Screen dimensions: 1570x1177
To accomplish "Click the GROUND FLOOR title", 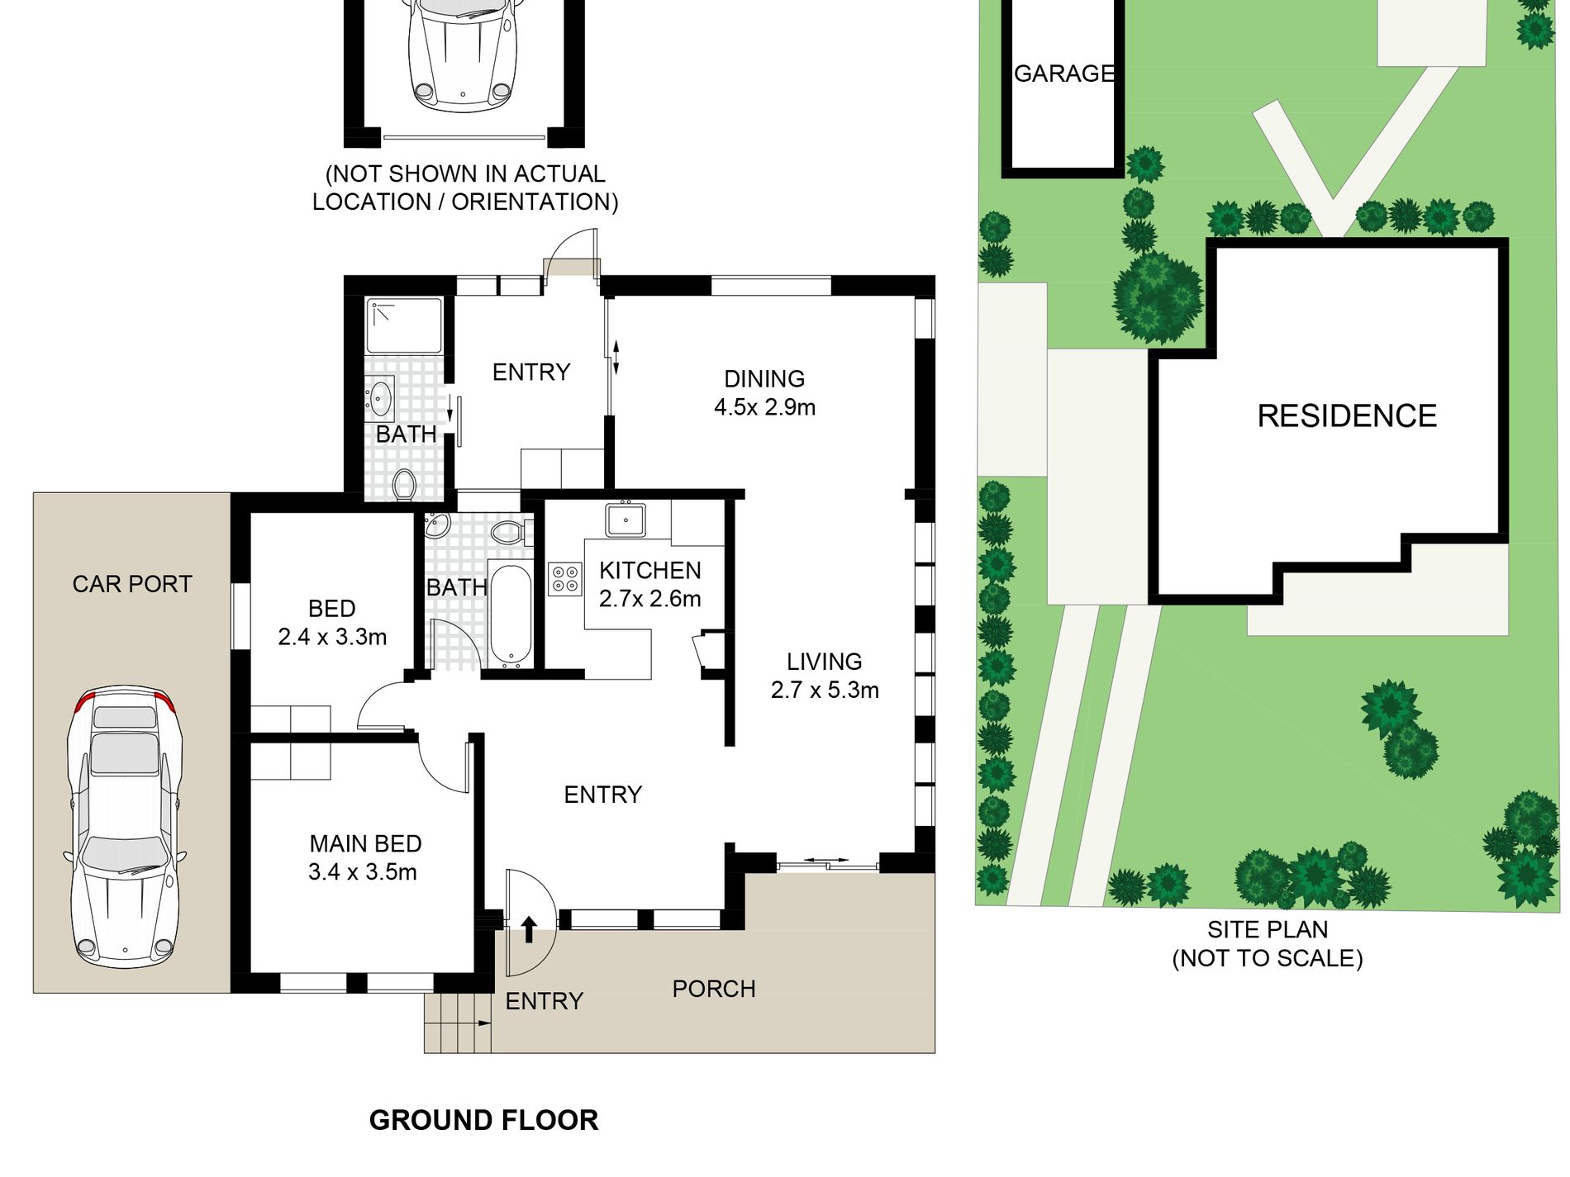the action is point(483,1120).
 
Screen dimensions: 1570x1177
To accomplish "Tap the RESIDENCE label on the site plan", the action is point(1347,415).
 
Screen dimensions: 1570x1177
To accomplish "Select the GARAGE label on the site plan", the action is point(1064,74).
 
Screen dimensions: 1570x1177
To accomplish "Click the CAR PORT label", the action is point(132,584).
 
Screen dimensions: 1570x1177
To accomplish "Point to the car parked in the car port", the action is point(125,826).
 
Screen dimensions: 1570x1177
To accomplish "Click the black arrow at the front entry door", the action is point(529,929).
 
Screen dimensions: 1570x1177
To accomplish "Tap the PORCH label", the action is point(714,989).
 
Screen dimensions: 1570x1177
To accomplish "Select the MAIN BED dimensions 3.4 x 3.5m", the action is point(363,871).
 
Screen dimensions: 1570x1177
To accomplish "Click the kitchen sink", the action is point(626,520).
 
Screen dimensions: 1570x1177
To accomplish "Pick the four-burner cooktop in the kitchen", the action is point(565,578).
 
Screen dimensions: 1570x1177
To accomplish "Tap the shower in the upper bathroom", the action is point(404,325).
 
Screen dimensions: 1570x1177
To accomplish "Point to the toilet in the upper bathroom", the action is point(404,485).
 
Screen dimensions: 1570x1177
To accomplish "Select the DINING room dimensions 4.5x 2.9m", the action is point(765,407).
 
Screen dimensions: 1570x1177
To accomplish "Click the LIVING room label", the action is point(825,662).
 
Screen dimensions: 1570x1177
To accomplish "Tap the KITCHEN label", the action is point(650,570).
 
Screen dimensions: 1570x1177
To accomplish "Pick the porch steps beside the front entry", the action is point(458,1023).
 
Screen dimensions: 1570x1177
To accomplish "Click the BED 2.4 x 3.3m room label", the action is point(332,623).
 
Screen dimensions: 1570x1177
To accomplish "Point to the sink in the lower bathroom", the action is point(436,525).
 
